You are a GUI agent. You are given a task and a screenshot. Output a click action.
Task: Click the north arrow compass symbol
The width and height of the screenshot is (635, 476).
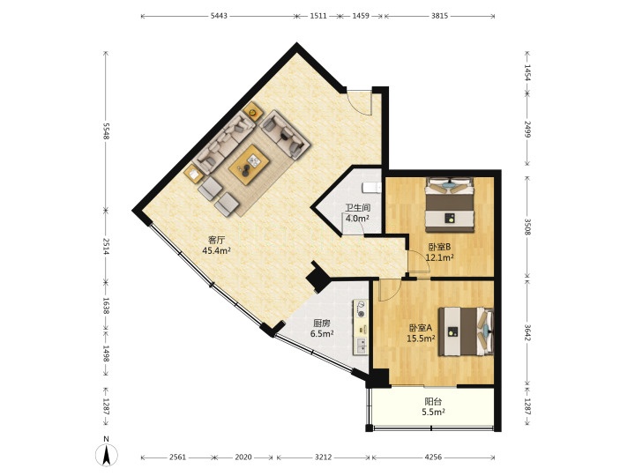coord(107,456)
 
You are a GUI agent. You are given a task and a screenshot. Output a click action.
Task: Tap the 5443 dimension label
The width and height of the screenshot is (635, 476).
coord(219,16)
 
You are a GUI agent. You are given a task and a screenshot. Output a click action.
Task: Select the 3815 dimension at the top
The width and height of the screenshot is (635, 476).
coord(439,16)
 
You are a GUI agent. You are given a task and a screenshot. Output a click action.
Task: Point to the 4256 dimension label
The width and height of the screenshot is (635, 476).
coord(433,457)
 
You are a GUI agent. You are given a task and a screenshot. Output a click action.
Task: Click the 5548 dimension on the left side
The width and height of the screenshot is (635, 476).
coord(107,131)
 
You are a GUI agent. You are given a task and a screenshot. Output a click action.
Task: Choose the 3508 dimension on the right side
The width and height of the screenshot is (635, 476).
coord(527,227)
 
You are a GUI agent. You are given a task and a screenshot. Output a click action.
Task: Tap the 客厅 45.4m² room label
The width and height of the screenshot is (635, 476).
coord(216,245)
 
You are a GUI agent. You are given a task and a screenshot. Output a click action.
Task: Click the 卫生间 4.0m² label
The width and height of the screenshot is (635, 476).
coord(357,213)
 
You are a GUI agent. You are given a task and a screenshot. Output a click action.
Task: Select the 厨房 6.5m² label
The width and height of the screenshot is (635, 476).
coord(322,328)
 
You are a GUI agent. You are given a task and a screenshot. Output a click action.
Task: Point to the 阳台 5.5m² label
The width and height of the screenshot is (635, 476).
coord(433,406)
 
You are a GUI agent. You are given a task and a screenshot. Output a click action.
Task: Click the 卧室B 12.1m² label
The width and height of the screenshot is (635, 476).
coord(439,252)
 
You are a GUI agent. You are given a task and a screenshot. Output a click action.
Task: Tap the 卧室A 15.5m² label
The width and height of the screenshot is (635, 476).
coord(422,333)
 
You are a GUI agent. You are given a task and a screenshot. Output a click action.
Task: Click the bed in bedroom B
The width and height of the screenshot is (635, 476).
coord(450,205)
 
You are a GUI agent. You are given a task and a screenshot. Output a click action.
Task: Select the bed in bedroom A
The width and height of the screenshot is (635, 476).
coord(467,331)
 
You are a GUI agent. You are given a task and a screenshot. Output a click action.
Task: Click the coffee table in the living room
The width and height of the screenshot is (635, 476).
coord(249,165)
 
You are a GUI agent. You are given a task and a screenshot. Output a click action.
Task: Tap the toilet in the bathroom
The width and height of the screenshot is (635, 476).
coord(371,188)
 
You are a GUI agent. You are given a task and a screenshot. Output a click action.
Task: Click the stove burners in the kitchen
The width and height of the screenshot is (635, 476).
coord(361,309)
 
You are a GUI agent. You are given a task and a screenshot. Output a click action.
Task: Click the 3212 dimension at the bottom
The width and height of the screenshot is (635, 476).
coord(323,457)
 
